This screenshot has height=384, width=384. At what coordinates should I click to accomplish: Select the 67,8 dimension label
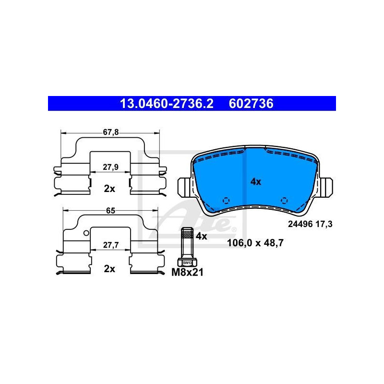(x=110, y=132)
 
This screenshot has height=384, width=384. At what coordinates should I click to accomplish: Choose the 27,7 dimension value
(x=110, y=245)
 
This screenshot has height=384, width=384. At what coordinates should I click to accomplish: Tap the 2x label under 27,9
(x=109, y=189)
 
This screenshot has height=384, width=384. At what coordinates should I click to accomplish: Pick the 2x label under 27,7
(x=109, y=269)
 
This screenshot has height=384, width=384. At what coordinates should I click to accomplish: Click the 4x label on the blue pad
(x=256, y=181)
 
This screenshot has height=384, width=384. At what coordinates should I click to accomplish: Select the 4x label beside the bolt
(x=201, y=236)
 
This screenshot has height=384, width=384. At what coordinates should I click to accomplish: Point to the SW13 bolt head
(x=186, y=263)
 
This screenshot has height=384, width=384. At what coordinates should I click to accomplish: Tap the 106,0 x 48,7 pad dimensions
(x=255, y=243)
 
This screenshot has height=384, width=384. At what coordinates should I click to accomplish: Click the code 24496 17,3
(x=310, y=224)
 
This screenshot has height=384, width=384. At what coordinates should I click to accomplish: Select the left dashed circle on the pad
(x=227, y=201)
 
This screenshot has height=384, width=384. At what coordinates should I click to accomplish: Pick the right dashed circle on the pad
(x=284, y=201)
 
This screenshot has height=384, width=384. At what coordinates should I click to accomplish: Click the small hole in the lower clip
(x=85, y=234)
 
